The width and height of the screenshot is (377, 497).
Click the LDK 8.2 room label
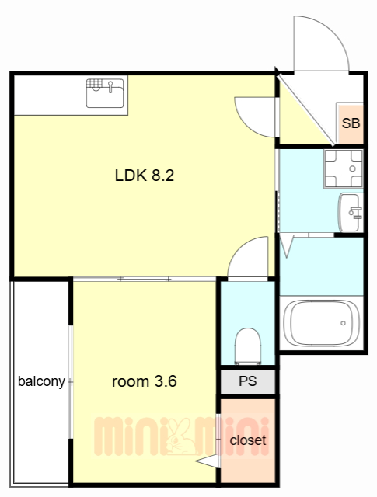tap(145, 176)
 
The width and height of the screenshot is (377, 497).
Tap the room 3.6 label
tap(145, 381)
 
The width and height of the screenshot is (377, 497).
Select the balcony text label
tap(41, 381)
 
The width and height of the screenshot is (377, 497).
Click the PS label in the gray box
tap(247, 381)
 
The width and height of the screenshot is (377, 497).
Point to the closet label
tap(247, 440)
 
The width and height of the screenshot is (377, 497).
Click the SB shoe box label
tap(351, 123)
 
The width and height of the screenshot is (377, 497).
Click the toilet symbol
tap(247, 346)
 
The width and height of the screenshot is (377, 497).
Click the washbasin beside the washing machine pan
tap(351, 212)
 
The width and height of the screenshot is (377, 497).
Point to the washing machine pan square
tap(343, 169)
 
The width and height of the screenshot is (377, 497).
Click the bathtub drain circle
tap(343, 323)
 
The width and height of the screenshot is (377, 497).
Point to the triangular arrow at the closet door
tap(207, 461)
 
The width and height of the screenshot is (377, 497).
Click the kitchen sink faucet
tap(110, 86)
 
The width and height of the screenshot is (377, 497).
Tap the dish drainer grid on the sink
tap(94, 83)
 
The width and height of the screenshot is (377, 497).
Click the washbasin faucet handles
tap(355, 213)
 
